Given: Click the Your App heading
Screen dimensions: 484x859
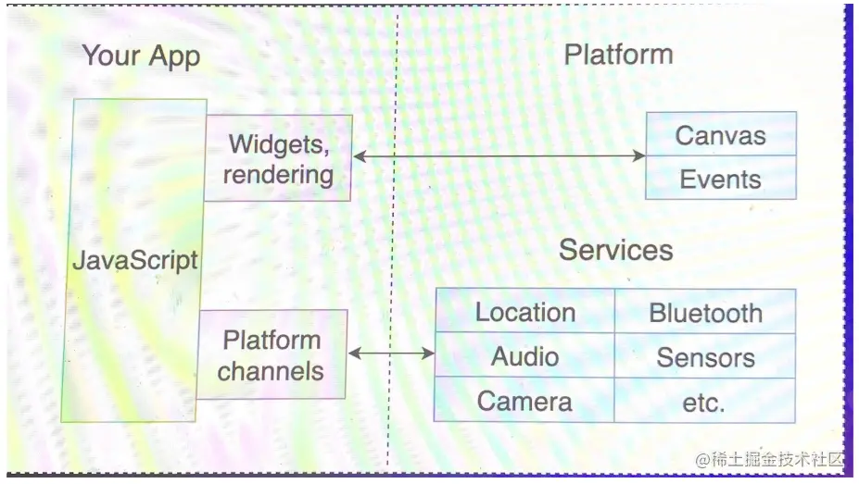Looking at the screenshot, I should tap(141, 56).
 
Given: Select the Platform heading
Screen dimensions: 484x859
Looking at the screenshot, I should tap(618, 55).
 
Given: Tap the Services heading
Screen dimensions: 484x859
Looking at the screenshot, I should tap(615, 250).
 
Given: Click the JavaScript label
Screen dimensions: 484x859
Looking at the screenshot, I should tap(135, 260).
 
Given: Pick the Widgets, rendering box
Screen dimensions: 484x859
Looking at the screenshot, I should tap(278, 158).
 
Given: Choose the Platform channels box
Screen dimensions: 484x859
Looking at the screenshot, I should tap(272, 355).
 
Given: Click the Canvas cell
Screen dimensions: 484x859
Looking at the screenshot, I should tap(720, 135).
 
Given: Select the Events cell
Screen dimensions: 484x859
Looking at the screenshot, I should tap(720, 179).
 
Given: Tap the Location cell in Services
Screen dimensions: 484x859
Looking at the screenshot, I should tap(524, 312).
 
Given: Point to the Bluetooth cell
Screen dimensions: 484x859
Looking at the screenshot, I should tap(705, 313).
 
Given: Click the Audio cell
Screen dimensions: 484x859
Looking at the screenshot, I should tap(524, 356).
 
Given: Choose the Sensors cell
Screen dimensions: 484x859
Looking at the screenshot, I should tap(705, 357).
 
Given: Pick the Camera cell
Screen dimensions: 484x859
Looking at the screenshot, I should tap(524, 401).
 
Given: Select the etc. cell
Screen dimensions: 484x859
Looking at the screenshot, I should tap(705, 402).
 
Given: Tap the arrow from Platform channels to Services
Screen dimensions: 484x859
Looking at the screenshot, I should tap(391, 353).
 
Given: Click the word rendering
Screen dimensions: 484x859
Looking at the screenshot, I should tap(278, 174).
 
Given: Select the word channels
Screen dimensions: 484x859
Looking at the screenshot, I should tap(272, 371).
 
